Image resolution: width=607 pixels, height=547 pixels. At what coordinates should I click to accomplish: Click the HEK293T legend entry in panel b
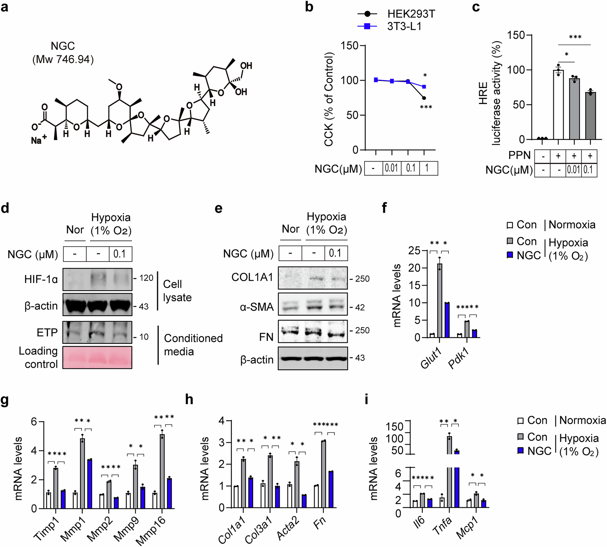click(x=411, y=14)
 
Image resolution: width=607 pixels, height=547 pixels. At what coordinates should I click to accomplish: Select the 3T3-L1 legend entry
click(x=404, y=26)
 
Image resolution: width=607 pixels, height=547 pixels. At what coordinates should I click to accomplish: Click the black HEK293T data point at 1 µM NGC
click(x=424, y=98)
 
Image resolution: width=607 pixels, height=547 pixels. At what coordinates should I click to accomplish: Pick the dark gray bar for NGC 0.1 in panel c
click(x=590, y=116)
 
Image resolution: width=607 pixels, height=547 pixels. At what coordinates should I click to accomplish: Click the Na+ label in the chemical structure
click(x=39, y=140)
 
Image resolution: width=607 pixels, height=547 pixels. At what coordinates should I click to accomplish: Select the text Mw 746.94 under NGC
click(x=63, y=60)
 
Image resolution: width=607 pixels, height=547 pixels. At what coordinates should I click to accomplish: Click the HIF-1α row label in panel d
click(x=41, y=279)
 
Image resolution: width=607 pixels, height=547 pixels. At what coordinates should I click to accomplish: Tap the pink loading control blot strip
click(x=97, y=357)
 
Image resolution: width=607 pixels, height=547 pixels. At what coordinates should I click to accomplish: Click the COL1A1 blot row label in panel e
click(x=252, y=277)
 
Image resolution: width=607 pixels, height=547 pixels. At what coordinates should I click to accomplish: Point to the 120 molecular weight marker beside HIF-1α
click(x=146, y=278)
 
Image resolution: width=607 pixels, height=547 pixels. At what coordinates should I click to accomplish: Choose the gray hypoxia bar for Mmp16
click(x=162, y=471)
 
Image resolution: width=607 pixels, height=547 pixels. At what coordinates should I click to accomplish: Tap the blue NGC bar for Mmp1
click(x=89, y=484)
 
